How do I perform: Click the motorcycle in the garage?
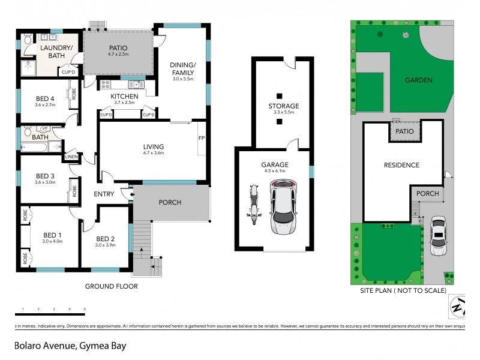tap(252, 205)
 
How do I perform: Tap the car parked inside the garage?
tap(283, 208)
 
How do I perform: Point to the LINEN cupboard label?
tap(71, 157)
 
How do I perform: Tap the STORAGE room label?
tap(283, 106)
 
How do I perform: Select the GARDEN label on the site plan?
tap(418, 80)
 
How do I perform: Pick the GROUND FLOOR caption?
tap(111, 286)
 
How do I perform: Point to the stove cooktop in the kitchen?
tap(106, 85)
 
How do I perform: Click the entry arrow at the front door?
tap(125, 193)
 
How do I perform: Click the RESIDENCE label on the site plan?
tap(401, 165)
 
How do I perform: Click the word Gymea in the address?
tap(91, 346)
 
